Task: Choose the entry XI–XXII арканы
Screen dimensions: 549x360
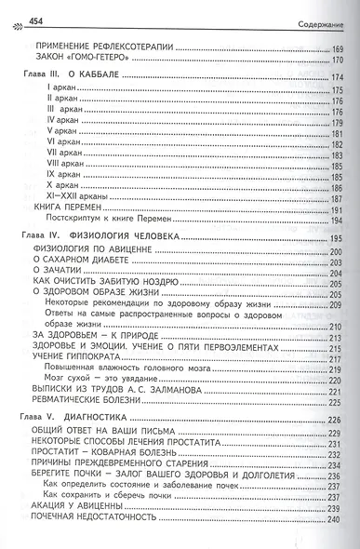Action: click(x=75, y=198)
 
